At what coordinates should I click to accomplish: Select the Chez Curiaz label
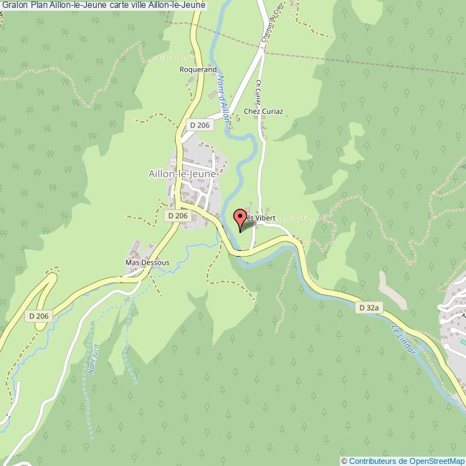click(264, 111)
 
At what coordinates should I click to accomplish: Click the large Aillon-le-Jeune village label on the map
click(182, 173)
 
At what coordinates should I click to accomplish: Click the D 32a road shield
click(368, 307)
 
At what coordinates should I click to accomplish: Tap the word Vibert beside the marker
click(264, 217)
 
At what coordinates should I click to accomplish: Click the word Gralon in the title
click(14, 5)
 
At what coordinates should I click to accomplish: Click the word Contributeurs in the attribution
click(372, 461)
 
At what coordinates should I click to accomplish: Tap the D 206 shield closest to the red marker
click(177, 215)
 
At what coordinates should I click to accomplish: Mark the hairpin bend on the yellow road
click(50, 275)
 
